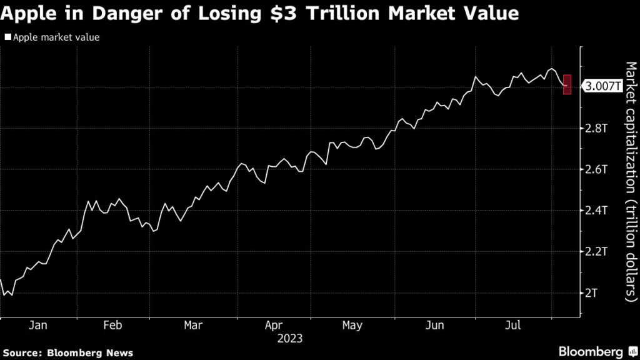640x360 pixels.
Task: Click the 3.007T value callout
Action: tap(602, 86)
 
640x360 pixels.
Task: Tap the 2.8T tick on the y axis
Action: tap(597, 128)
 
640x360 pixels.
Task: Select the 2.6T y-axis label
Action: tap(597, 169)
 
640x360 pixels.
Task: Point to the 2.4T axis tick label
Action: tap(597, 211)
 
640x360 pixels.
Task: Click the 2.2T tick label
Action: tap(597, 252)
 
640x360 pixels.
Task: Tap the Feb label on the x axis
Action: tap(112, 325)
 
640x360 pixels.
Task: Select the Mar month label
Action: tap(193, 325)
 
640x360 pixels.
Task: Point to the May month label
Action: tap(352, 325)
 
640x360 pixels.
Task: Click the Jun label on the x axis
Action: tap(434, 325)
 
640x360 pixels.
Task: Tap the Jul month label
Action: tap(513, 325)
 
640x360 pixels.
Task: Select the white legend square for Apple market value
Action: tap(7, 37)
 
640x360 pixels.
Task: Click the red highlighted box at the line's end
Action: tap(567, 84)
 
